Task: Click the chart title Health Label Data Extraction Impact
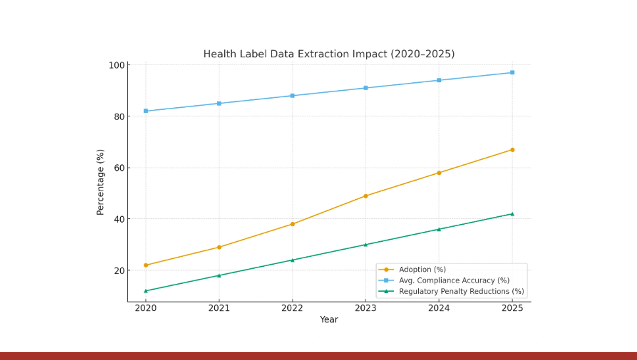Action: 329,54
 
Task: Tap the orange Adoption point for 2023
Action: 366,196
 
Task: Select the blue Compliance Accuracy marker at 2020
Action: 146,111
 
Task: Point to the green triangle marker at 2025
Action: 512,214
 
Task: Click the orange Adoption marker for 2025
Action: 512,150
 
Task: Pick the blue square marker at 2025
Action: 512,72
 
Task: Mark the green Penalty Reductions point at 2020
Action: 146,291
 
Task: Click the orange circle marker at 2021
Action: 219,247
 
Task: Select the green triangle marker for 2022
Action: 292,260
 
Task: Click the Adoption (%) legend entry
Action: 422,269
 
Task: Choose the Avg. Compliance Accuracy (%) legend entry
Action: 454,280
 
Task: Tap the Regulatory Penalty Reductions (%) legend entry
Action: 461,291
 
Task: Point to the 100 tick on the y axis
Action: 117,65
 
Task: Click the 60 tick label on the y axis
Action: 119,168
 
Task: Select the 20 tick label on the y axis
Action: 119,271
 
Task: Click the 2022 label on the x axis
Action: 292,308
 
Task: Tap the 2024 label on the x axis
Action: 439,308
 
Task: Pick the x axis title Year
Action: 329,319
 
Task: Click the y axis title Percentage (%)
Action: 100,182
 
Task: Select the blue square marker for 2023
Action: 366,88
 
